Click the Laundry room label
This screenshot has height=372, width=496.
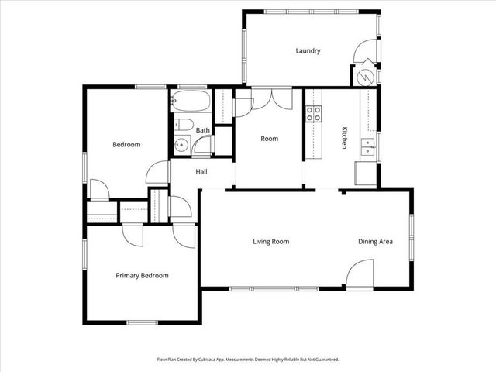[x=308, y=51]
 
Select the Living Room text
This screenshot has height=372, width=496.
[x=270, y=242]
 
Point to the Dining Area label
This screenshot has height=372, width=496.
[x=375, y=242]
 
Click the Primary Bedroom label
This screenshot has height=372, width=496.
[x=142, y=275]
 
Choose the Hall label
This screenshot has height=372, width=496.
[x=201, y=172]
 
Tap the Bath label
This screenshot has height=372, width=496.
[x=202, y=130]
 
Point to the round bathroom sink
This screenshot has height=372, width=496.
[x=182, y=143]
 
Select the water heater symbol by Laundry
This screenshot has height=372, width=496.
[x=365, y=77]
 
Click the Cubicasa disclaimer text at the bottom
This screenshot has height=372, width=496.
[x=248, y=360]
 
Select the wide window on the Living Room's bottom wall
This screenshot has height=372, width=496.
[x=274, y=289]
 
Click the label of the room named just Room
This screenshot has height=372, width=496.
[x=269, y=139]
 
